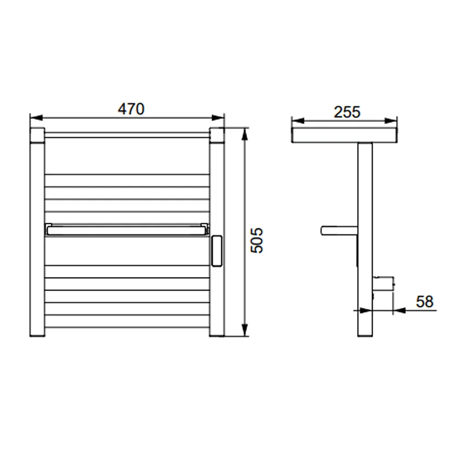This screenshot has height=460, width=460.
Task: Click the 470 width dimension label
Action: pyautogui.click(x=131, y=109)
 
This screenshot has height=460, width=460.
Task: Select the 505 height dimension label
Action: pyautogui.click(x=257, y=240)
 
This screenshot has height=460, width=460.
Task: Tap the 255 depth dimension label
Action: pyautogui.click(x=347, y=112)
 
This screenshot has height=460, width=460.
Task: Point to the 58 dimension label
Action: pyautogui.click(x=425, y=302)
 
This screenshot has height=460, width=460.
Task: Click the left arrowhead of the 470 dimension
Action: pyautogui.click(x=36, y=118)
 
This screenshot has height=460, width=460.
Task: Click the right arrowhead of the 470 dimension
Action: pyautogui.click(x=218, y=118)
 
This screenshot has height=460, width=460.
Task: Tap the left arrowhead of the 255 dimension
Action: pyautogui.click(x=298, y=121)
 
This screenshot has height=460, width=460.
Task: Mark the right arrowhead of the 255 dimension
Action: pyautogui.click(x=391, y=121)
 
